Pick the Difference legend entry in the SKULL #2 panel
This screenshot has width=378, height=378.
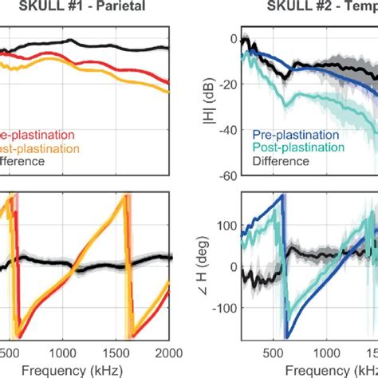tap(281, 161)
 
